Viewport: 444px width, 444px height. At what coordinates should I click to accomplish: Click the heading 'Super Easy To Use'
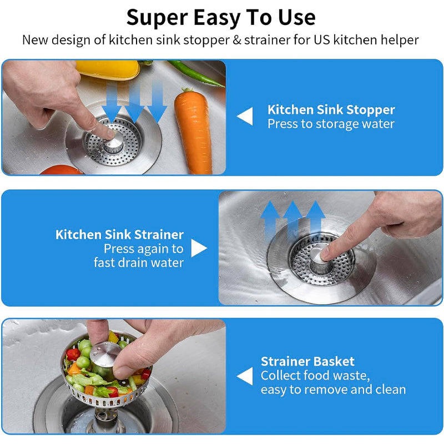point(221,17)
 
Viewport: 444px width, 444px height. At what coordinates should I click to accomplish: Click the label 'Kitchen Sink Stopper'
point(331,109)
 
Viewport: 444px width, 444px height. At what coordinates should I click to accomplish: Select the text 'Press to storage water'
point(331,124)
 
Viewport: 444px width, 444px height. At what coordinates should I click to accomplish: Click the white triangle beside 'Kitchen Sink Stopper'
point(245,117)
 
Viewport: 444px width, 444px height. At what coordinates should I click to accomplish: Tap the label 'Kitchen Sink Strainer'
point(119,234)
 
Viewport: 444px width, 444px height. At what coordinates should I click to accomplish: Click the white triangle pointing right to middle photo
point(199,248)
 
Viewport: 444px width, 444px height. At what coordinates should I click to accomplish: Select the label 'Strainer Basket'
point(307,361)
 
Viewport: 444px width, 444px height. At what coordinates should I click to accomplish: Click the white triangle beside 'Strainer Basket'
point(245,376)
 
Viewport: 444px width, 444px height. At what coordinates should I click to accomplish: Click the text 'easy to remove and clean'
point(333,390)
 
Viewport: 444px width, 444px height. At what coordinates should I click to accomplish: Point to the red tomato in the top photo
point(61,170)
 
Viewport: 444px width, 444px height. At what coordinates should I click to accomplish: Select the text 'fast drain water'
point(138,263)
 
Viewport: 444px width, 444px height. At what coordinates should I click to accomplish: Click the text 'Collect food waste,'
point(315,376)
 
